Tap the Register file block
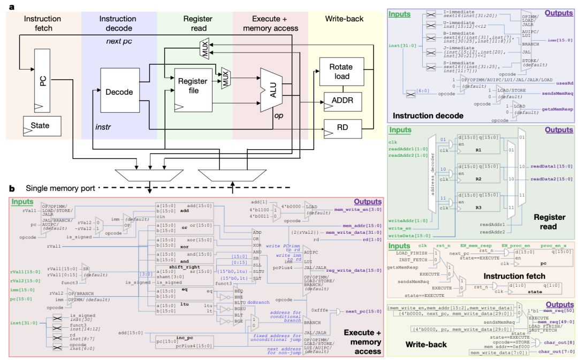tap(188, 87)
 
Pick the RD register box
tap(341, 128)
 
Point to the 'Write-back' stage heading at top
tap(344, 19)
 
